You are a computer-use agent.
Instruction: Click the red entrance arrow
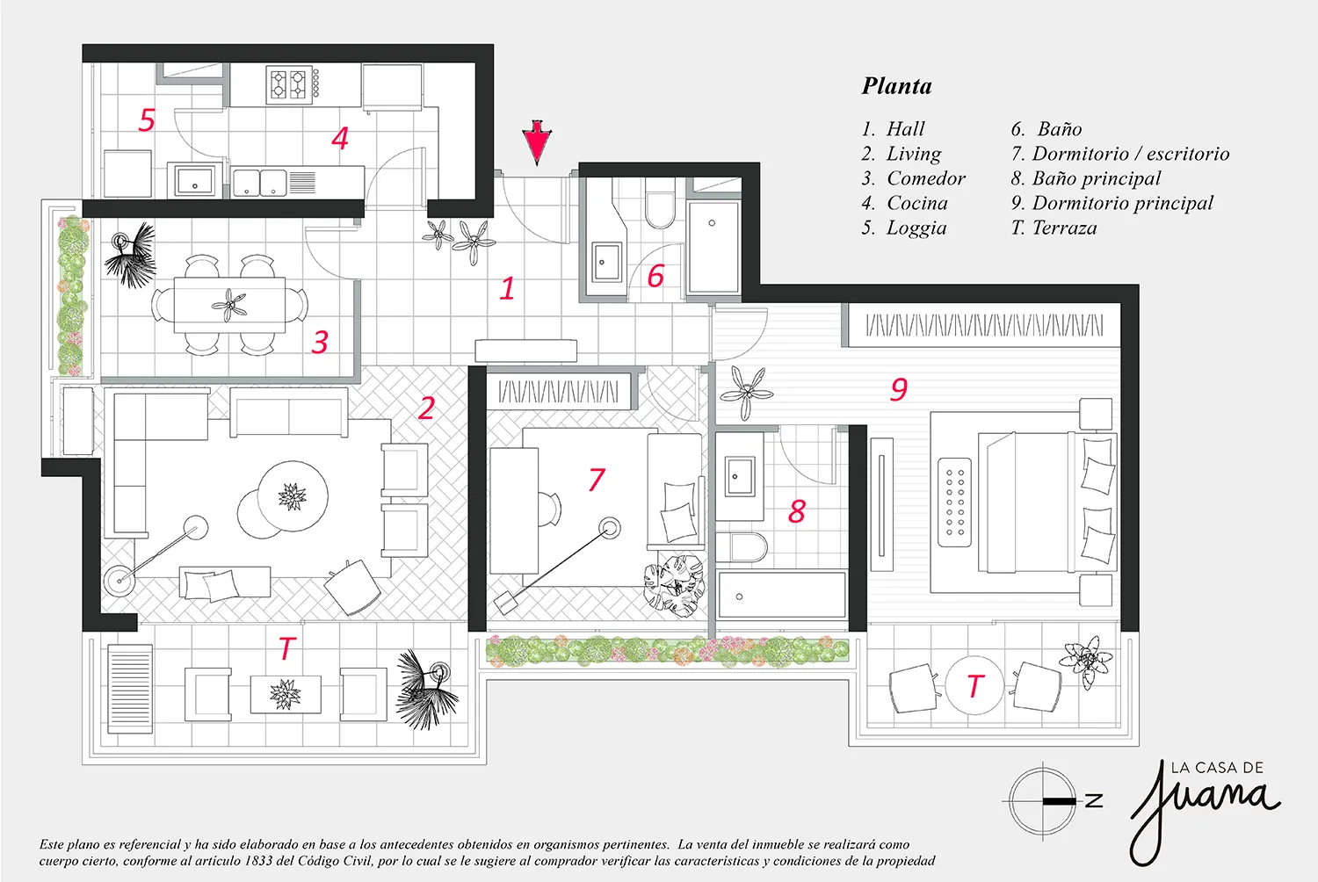(x=537, y=141)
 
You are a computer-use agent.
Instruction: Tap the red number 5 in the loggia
(x=147, y=119)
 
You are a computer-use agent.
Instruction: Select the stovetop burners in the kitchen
(x=289, y=84)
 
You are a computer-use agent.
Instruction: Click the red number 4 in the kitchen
(x=340, y=138)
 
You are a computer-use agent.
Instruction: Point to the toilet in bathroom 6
(x=660, y=204)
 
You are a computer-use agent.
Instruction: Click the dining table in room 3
(x=229, y=305)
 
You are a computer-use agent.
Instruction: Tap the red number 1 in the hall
(x=507, y=288)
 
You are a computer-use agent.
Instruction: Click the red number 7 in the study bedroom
(x=597, y=480)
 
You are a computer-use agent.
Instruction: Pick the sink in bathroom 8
(x=739, y=476)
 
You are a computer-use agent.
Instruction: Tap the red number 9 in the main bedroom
(x=899, y=389)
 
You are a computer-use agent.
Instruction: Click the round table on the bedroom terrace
(x=974, y=685)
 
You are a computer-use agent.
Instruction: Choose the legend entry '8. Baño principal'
(x=1086, y=178)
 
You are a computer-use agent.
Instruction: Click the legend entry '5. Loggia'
(x=904, y=228)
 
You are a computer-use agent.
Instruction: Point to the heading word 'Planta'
(x=897, y=86)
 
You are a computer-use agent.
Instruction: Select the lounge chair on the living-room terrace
(x=130, y=689)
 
